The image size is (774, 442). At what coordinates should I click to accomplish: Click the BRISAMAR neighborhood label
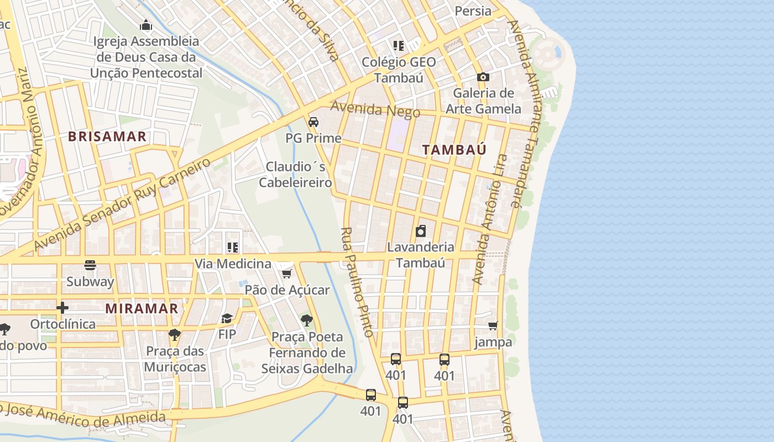coord(107,136)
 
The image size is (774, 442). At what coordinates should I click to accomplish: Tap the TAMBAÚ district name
coord(454,149)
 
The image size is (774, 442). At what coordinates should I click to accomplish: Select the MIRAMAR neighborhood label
coord(142,308)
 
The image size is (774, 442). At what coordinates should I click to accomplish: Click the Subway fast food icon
coord(90,266)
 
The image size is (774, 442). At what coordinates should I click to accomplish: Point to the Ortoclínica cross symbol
coord(62,307)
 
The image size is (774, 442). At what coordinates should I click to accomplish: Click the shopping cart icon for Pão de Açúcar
coord(286,273)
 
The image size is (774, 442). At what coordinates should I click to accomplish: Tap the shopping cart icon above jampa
coord(493,326)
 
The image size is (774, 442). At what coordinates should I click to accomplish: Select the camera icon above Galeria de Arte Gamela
coord(483,77)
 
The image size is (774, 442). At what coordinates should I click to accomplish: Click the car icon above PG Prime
coord(313,122)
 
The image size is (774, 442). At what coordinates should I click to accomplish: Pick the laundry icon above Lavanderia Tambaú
coord(421,231)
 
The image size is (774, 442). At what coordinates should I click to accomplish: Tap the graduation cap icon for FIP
coord(227,318)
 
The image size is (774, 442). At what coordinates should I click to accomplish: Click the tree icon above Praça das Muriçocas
coord(175,335)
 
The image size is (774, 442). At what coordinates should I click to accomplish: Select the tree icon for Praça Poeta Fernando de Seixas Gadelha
coord(306,320)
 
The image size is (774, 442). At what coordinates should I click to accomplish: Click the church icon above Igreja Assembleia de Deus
coord(146,25)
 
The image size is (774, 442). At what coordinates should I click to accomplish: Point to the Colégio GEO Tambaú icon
coord(399,46)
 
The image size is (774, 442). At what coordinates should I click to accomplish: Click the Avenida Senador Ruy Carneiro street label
coord(123,203)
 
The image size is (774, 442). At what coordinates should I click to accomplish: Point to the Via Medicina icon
coord(233,248)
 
